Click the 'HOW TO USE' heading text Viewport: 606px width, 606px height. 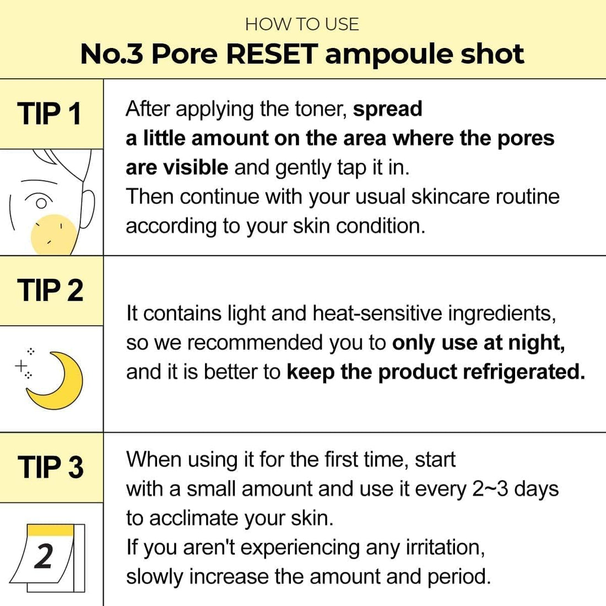[302, 24]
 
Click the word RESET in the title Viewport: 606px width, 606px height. [272, 54]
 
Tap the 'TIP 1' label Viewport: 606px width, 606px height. [50, 114]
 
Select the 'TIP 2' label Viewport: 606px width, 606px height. [50, 290]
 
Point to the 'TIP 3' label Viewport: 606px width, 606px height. [50, 467]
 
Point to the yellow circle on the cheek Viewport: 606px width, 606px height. [54, 234]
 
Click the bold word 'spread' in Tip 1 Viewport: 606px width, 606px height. [387, 109]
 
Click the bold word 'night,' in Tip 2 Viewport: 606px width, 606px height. [536, 343]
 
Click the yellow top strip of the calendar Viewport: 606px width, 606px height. [51, 530]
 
